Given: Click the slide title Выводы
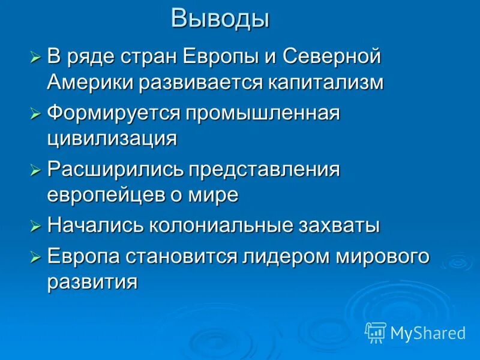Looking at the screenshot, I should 220,19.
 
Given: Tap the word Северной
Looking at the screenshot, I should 332,58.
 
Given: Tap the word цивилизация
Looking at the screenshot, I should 112,138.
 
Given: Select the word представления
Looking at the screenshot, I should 265,170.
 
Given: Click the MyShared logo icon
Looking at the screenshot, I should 376,332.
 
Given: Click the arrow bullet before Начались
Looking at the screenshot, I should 36,226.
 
